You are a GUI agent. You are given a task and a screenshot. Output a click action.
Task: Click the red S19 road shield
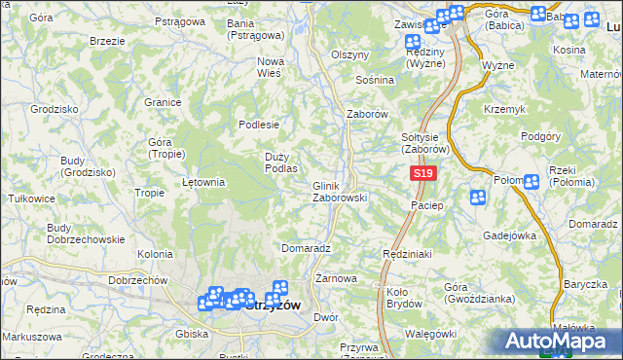coord(421,173)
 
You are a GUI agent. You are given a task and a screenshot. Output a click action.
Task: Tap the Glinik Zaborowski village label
coord(339,192)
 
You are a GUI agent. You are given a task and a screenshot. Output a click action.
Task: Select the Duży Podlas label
coord(280,162)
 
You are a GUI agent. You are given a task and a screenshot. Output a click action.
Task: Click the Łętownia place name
coord(204,182)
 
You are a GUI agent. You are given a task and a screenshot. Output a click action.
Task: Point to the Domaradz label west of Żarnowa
coord(307,248)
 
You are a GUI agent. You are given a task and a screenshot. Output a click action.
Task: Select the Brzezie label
coord(106,42)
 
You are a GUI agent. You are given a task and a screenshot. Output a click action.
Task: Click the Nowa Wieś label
coord(270,66)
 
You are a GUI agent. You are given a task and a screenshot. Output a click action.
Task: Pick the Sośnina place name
coord(375,80)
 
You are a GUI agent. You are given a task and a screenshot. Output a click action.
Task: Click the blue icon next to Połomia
coord(531,181)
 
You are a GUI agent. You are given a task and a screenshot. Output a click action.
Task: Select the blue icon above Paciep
coord(478,198)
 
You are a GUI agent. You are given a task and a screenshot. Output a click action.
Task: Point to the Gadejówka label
coord(510,235)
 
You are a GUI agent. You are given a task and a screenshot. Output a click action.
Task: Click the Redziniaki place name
coord(407,252)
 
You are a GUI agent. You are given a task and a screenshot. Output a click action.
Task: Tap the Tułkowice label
coord(30,198)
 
